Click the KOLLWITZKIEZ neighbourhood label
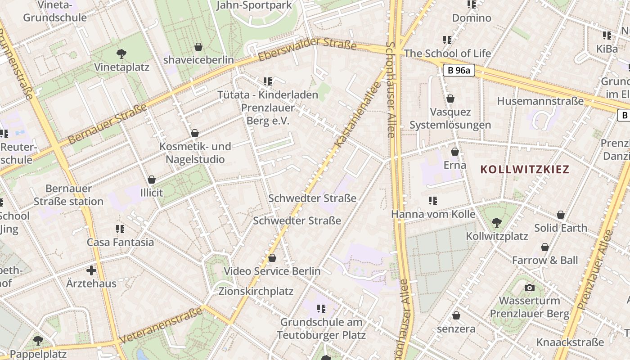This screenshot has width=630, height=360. [x=525, y=170]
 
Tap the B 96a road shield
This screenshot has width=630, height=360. [x=459, y=70]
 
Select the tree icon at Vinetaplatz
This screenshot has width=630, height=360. [x=121, y=54]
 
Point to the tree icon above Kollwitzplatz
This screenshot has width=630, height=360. [x=497, y=222]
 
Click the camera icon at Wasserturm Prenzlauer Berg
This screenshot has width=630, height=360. [x=530, y=288]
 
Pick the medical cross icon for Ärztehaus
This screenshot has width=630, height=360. [x=91, y=270]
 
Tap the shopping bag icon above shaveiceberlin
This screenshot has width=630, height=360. [x=198, y=47]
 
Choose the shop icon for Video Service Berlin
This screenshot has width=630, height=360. [x=272, y=258]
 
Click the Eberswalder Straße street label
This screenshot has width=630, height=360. [x=307, y=49]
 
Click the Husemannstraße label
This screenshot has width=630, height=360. [x=540, y=101]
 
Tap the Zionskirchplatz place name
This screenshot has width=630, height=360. [x=256, y=291]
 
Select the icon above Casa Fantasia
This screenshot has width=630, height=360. [x=120, y=229]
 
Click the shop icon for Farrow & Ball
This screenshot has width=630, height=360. [x=545, y=247]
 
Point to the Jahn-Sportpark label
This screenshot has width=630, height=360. [x=254, y=5]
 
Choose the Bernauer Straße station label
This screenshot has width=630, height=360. [x=68, y=195]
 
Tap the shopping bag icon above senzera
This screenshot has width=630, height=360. [x=456, y=315]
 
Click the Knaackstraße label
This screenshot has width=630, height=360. [x=570, y=342]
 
